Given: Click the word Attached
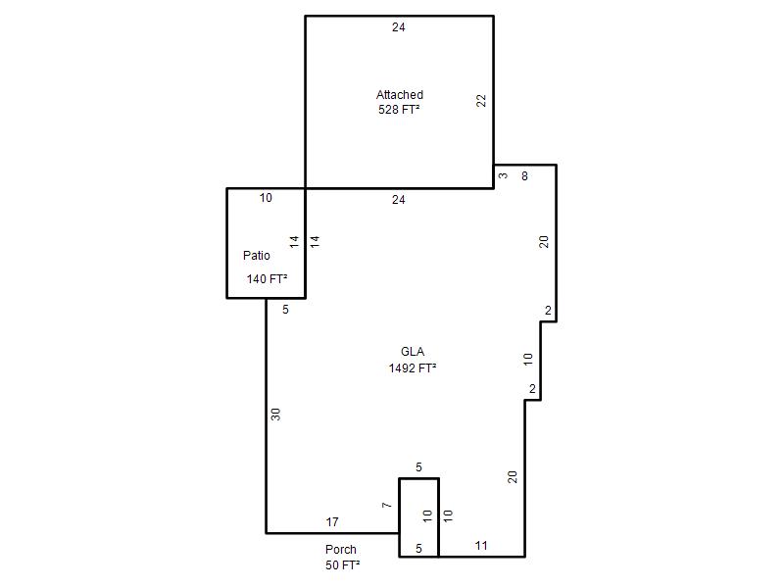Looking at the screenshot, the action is click(x=400, y=94).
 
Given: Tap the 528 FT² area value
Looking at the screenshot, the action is click(x=399, y=109).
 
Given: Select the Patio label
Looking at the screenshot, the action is click(x=257, y=255).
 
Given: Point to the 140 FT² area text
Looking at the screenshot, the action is click(x=267, y=278).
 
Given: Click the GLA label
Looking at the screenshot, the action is click(x=413, y=352).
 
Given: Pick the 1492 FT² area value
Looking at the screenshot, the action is click(x=413, y=368).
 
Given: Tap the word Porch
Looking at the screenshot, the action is click(x=340, y=549).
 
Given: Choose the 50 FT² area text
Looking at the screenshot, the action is click(x=342, y=565).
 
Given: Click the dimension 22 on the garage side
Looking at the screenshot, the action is click(x=481, y=101).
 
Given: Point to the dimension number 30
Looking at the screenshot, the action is click(x=275, y=415).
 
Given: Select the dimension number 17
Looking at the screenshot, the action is click(x=332, y=522).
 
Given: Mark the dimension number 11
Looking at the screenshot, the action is click(x=481, y=546).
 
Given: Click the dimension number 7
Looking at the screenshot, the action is click(x=386, y=505).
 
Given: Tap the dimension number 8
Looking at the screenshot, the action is click(x=524, y=176).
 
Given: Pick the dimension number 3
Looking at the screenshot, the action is click(x=503, y=175).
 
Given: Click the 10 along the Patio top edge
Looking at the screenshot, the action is click(x=266, y=198).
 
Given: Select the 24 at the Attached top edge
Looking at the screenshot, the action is click(x=399, y=27).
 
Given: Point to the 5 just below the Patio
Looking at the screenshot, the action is click(x=285, y=310).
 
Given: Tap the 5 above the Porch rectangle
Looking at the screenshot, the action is click(x=419, y=467).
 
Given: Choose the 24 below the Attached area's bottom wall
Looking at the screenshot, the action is click(x=399, y=200).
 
